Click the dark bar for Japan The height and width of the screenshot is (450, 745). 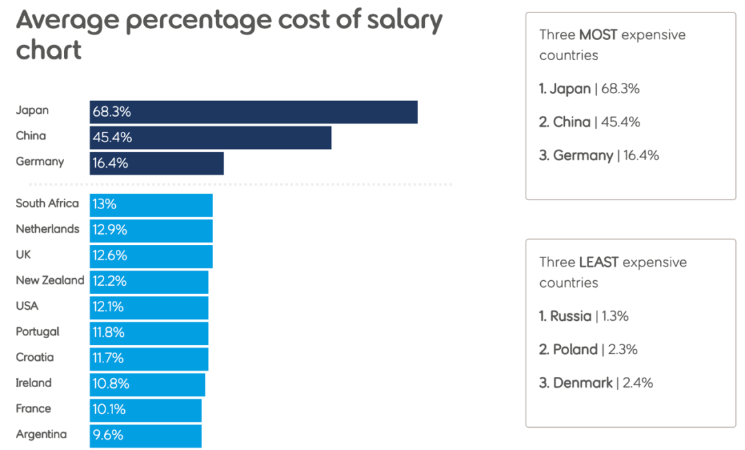(x=253, y=112)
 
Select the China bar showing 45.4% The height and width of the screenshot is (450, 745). (x=210, y=137)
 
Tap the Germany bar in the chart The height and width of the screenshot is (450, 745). (x=157, y=164)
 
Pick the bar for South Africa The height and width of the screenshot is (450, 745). (x=151, y=204)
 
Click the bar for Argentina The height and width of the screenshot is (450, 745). (x=146, y=436)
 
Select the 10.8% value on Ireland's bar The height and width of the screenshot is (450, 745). (x=110, y=384)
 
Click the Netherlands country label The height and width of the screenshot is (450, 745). (x=48, y=229)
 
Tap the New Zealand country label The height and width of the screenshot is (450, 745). (x=50, y=280)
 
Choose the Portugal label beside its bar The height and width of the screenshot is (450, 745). (x=37, y=332)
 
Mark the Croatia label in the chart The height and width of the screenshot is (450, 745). (x=34, y=358)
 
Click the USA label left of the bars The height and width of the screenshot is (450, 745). (x=27, y=306)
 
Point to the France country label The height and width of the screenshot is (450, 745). (x=33, y=409)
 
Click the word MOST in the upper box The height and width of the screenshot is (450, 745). (x=598, y=35)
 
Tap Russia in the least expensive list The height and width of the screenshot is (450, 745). (x=570, y=316)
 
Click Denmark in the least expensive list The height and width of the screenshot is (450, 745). (x=582, y=382)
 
